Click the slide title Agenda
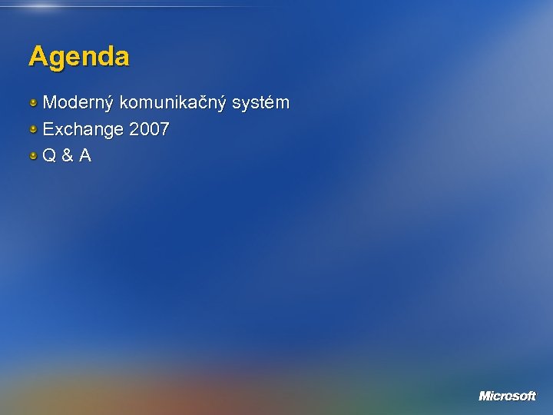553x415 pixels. tap(79, 57)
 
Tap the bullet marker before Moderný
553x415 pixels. tap(34, 102)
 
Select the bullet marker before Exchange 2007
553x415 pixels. tap(34, 129)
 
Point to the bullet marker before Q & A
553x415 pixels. tap(34, 156)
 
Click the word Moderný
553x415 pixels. tap(78, 103)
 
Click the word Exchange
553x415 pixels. tap(83, 130)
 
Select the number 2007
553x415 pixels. tap(150, 130)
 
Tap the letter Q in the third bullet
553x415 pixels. tap(49, 156)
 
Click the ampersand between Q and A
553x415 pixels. tap(67, 156)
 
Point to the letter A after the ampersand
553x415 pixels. tap(84, 156)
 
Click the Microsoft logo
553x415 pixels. tap(507, 396)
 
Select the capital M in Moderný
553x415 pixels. tap(50, 103)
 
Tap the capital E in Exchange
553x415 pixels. tap(48, 130)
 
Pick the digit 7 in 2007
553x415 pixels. tap(164, 130)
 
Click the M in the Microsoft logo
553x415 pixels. tap(485, 396)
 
